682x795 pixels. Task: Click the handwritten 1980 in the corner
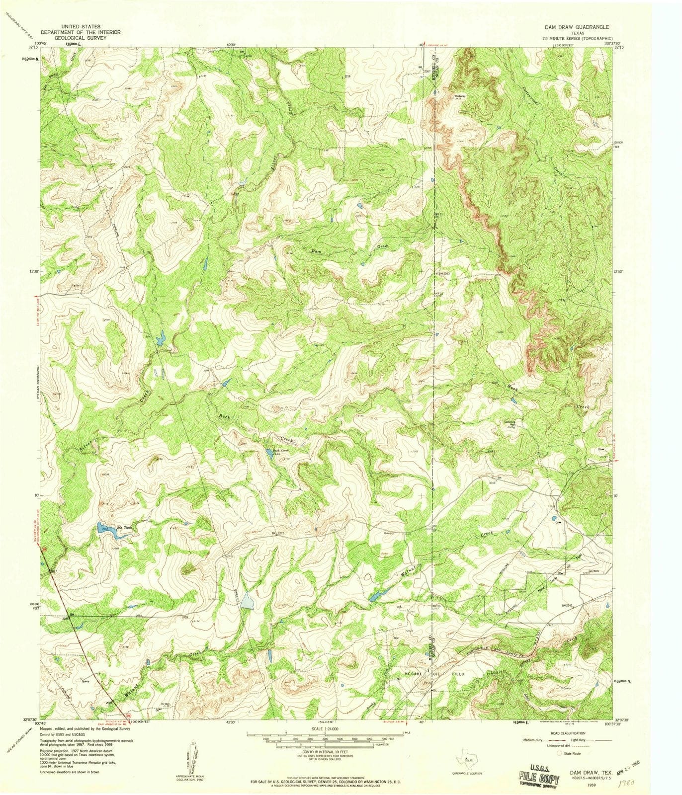(648, 785)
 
